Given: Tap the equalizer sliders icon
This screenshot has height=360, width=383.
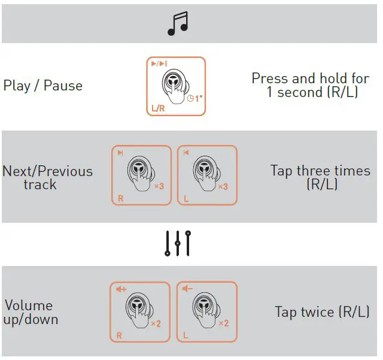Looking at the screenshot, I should point(178,243).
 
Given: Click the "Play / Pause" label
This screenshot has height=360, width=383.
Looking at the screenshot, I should point(43,86).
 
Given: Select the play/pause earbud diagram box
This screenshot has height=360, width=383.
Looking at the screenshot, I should point(176,86).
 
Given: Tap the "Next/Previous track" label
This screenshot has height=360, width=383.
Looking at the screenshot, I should point(47,177).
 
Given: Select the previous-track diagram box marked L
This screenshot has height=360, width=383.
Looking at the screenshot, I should point(207,175).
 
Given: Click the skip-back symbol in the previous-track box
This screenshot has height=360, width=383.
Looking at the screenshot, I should point(186,153).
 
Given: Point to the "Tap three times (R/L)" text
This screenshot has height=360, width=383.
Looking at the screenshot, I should point(320,177).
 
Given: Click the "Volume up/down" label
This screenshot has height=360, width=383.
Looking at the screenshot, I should point(31,312).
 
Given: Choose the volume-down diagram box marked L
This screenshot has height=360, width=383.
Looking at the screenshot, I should point(207,312).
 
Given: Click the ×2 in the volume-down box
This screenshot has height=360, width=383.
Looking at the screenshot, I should point(223,323).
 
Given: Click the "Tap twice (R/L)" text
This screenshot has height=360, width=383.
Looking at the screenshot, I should point(322,312).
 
